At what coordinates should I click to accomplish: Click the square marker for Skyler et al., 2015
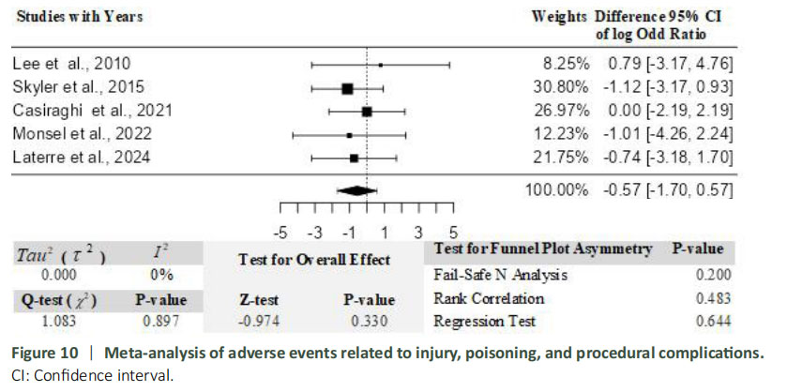[347, 88]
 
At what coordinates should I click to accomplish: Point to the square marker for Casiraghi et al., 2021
[367, 112]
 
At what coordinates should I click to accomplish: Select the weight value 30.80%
[565, 87]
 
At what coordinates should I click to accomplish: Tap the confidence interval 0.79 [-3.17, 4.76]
[667, 64]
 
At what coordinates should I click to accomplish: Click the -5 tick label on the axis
[280, 232]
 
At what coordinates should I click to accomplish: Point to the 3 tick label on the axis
[418, 232]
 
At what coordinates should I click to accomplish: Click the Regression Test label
[484, 322]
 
